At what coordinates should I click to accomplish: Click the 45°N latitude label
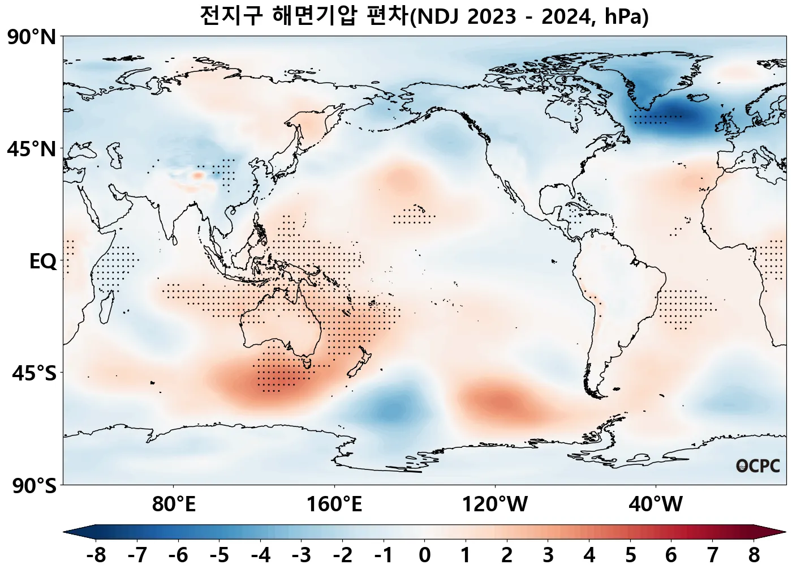32,149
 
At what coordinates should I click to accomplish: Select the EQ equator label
43,262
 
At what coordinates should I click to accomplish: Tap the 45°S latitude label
34,374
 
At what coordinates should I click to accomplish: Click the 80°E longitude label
174,503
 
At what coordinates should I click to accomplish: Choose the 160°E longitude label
334,503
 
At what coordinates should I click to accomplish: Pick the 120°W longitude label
495,503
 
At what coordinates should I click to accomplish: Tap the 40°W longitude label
656,503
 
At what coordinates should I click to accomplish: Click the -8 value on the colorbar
96,555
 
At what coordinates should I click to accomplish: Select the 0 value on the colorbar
424,555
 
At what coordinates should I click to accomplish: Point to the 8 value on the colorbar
754,555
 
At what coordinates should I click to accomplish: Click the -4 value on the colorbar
260,555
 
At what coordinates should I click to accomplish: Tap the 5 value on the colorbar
630,555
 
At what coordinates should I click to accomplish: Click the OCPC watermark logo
758,466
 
